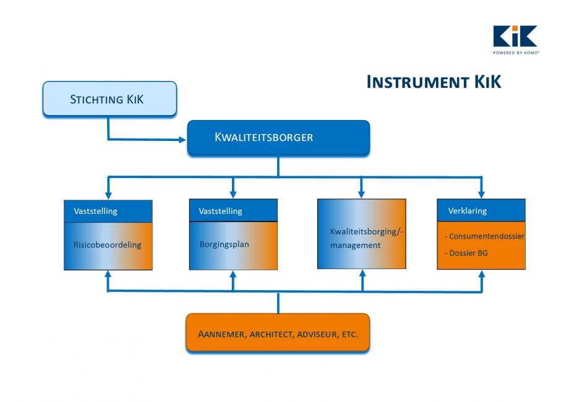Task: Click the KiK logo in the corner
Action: pos(515,40)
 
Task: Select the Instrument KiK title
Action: pos(434,82)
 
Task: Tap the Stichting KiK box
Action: pos(109,99)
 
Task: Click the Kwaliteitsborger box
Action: pos(278,138)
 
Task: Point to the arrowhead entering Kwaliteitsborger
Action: pos(182,140)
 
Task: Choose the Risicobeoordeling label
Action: pos(108,245)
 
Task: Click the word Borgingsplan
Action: pos(225,244)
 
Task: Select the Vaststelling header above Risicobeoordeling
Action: pos(95,211)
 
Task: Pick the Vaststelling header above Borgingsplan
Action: pos(220,211)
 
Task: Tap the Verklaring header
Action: pos(468,211)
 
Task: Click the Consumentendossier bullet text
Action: pos(484,236)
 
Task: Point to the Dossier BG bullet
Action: pos(466,253)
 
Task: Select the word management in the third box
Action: pos(355,246)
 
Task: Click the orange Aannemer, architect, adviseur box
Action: pos(278,333)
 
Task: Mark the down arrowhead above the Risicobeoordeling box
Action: pos(108,195)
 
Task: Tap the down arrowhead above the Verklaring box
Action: pos(481,194)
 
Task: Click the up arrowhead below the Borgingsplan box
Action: pos(233,275)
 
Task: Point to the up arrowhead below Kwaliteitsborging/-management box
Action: pos(362,274)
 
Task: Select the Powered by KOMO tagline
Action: pos(516,53)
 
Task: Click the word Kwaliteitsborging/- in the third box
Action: pos(367,232)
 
